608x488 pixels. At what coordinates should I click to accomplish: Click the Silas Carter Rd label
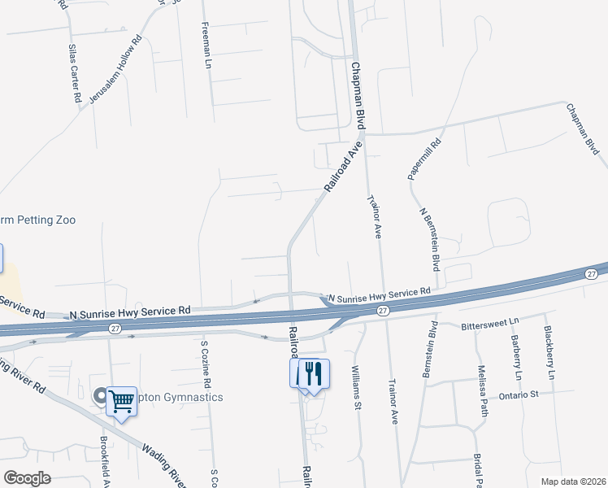click(x=74, y=74)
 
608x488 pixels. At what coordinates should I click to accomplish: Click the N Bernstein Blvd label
click(x=430, y=239)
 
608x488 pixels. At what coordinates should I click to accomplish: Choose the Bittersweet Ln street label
click(x=489, y=326)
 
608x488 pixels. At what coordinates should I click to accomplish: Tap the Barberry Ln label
click(x=515, y=358)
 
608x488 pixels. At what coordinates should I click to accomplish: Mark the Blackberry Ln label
click(x=549, y=353)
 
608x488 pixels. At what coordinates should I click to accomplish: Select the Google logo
click(x=27, y=478)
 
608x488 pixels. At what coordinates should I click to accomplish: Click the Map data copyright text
click(x=573, y=481)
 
